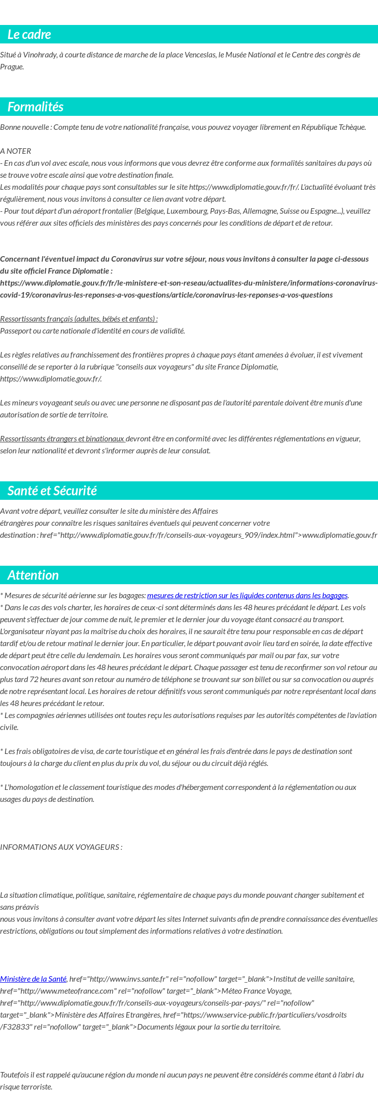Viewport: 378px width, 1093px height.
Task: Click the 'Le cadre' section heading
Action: click(x=29, y=34)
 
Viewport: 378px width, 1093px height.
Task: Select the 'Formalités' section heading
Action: click(x=35, y=107)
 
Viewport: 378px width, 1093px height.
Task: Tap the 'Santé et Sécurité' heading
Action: click(x=52, y=491)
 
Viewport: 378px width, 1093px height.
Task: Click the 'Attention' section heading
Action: click(x=33, y=575)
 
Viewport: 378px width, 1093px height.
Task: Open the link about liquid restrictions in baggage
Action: click(x=247, y=596)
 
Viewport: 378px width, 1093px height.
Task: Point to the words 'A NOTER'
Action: click(x=15, y=151)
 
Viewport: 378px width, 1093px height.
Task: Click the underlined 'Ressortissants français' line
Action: click(x=79, y=319)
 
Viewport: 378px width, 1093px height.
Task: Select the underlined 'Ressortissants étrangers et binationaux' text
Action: click(x=62, y=439)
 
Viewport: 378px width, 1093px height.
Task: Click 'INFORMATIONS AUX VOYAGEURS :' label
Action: click(x=61, y=847)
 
